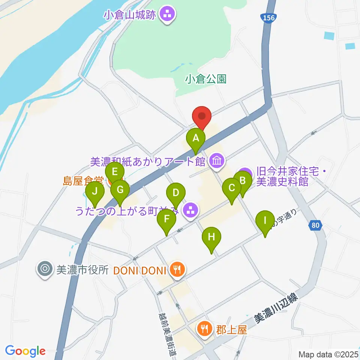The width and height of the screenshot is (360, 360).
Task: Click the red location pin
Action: coord(202,116)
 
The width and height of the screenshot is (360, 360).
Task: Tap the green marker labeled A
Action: coord(195,138)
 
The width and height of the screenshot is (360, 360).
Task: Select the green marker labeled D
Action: coord(175,193)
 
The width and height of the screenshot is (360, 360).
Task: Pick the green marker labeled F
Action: coord(166,219)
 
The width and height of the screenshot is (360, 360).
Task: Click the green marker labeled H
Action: coord(211,237)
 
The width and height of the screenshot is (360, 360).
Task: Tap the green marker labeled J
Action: coord(95,192)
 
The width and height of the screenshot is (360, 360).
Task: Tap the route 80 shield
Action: coord(316,225)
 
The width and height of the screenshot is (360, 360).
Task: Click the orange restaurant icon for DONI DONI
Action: coord(176,269)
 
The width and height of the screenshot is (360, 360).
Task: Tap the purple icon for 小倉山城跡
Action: coord(166,15)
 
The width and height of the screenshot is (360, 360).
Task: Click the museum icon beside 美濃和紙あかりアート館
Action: coord(216,161)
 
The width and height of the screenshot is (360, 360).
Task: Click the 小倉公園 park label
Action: coord(206,79)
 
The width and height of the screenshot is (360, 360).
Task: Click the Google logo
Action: coord(25,351)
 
